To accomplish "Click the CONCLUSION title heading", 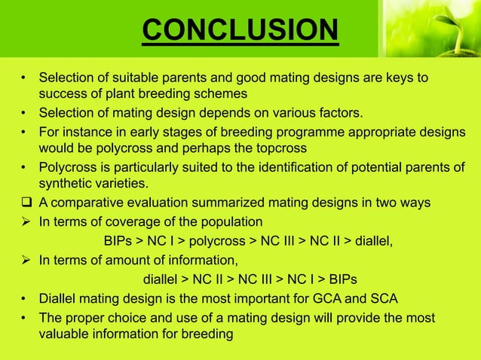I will pyautogui.click(x=240, y=30).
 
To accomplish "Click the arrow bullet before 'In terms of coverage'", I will pyautogui.click(x=26, y=221).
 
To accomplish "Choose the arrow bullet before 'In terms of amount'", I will pyautogui.click(x=26, y=261).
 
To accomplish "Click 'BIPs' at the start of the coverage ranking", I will pyautogui.click(x=116, y=241).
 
